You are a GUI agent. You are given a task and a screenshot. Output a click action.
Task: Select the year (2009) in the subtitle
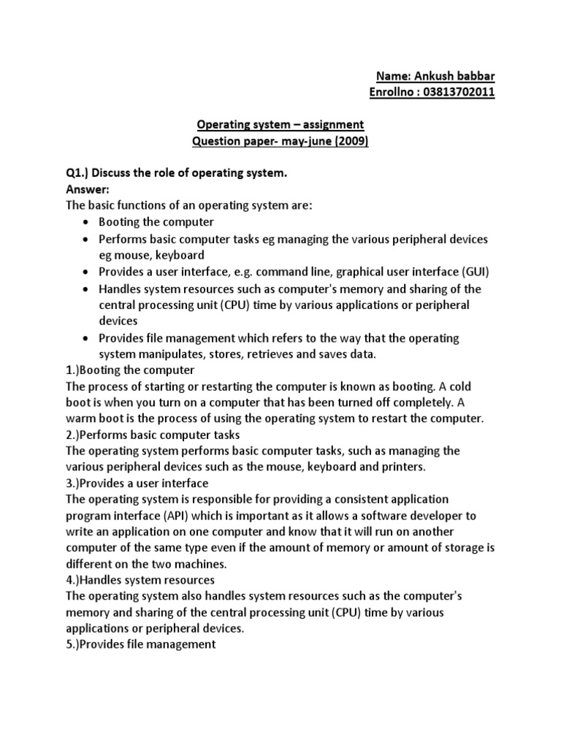point(350,142)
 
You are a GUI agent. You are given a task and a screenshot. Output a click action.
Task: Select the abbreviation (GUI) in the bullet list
point(475,272)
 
